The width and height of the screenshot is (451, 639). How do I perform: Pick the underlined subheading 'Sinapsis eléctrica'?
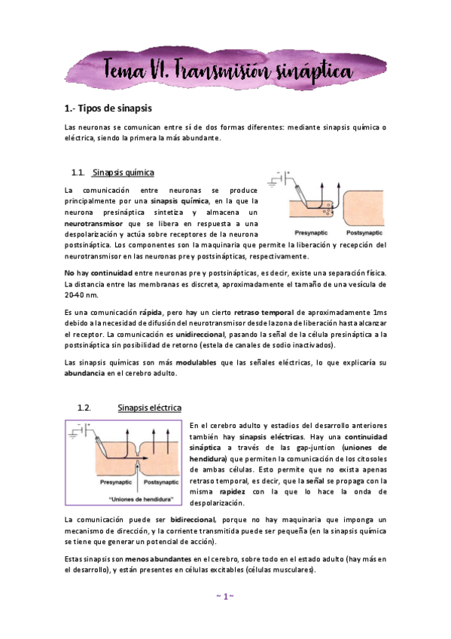click(149, 408)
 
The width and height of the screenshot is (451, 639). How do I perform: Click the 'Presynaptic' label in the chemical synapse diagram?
click(311, 233)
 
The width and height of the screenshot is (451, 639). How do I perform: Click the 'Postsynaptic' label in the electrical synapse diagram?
click(161, 482)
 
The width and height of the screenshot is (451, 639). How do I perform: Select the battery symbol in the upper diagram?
click(282, 180)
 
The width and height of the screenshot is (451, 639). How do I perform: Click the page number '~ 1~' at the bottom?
click(225, 596)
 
